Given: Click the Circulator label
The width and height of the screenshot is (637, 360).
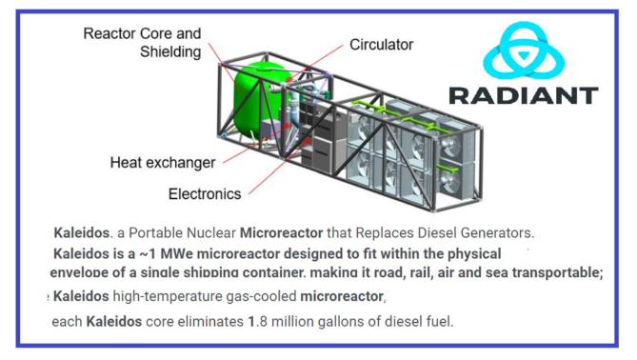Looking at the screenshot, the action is [x=381, y=45].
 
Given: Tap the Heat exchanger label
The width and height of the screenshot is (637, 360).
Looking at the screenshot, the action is [x=163, y=163].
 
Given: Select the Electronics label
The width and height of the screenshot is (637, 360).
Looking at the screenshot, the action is [x=205, y=194].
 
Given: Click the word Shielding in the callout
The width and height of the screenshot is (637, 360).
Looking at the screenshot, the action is [x=170, y=52].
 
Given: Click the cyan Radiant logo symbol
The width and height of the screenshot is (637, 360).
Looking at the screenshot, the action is [x=524, y=50].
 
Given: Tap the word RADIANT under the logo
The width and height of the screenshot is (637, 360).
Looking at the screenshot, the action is [x=524, y=95].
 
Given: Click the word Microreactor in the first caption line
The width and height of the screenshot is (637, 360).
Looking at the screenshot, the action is [x=281, y=232].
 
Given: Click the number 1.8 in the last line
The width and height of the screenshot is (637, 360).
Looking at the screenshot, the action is [x=258, y=321].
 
